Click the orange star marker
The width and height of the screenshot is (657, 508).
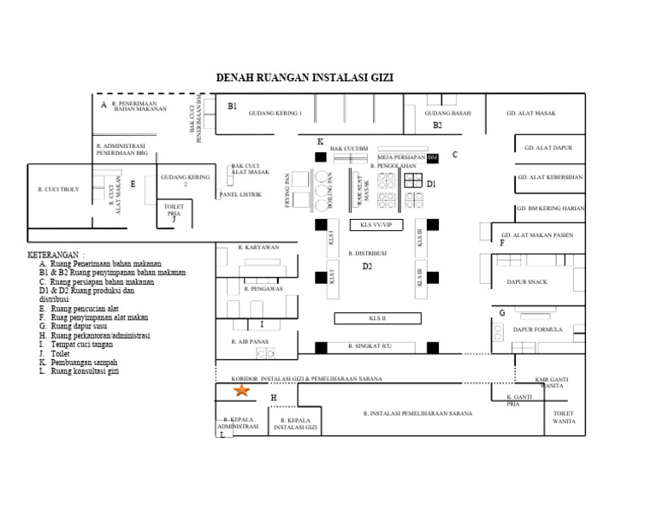pos(242,390)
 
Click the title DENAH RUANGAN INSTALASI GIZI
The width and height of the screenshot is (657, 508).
pos(305,78)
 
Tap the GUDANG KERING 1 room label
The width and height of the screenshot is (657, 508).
pos(275,113)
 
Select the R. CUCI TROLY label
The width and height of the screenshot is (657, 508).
pos(58,189)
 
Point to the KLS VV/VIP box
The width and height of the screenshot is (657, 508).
pos(376,224)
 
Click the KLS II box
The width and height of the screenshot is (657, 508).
pos(377,318)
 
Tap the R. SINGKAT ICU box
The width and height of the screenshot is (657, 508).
pos(375,346)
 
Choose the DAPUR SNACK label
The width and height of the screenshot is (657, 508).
pos(527,281)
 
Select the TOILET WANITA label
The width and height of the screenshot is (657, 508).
pos(564,417)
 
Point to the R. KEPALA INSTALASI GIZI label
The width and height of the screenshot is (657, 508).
pos(297,423)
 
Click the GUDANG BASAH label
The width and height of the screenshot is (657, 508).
pos(447,113)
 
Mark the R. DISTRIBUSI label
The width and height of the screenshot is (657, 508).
pos(368,253)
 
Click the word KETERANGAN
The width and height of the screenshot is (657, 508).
pos(55,255)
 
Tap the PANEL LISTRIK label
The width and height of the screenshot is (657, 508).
pos(240,194)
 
